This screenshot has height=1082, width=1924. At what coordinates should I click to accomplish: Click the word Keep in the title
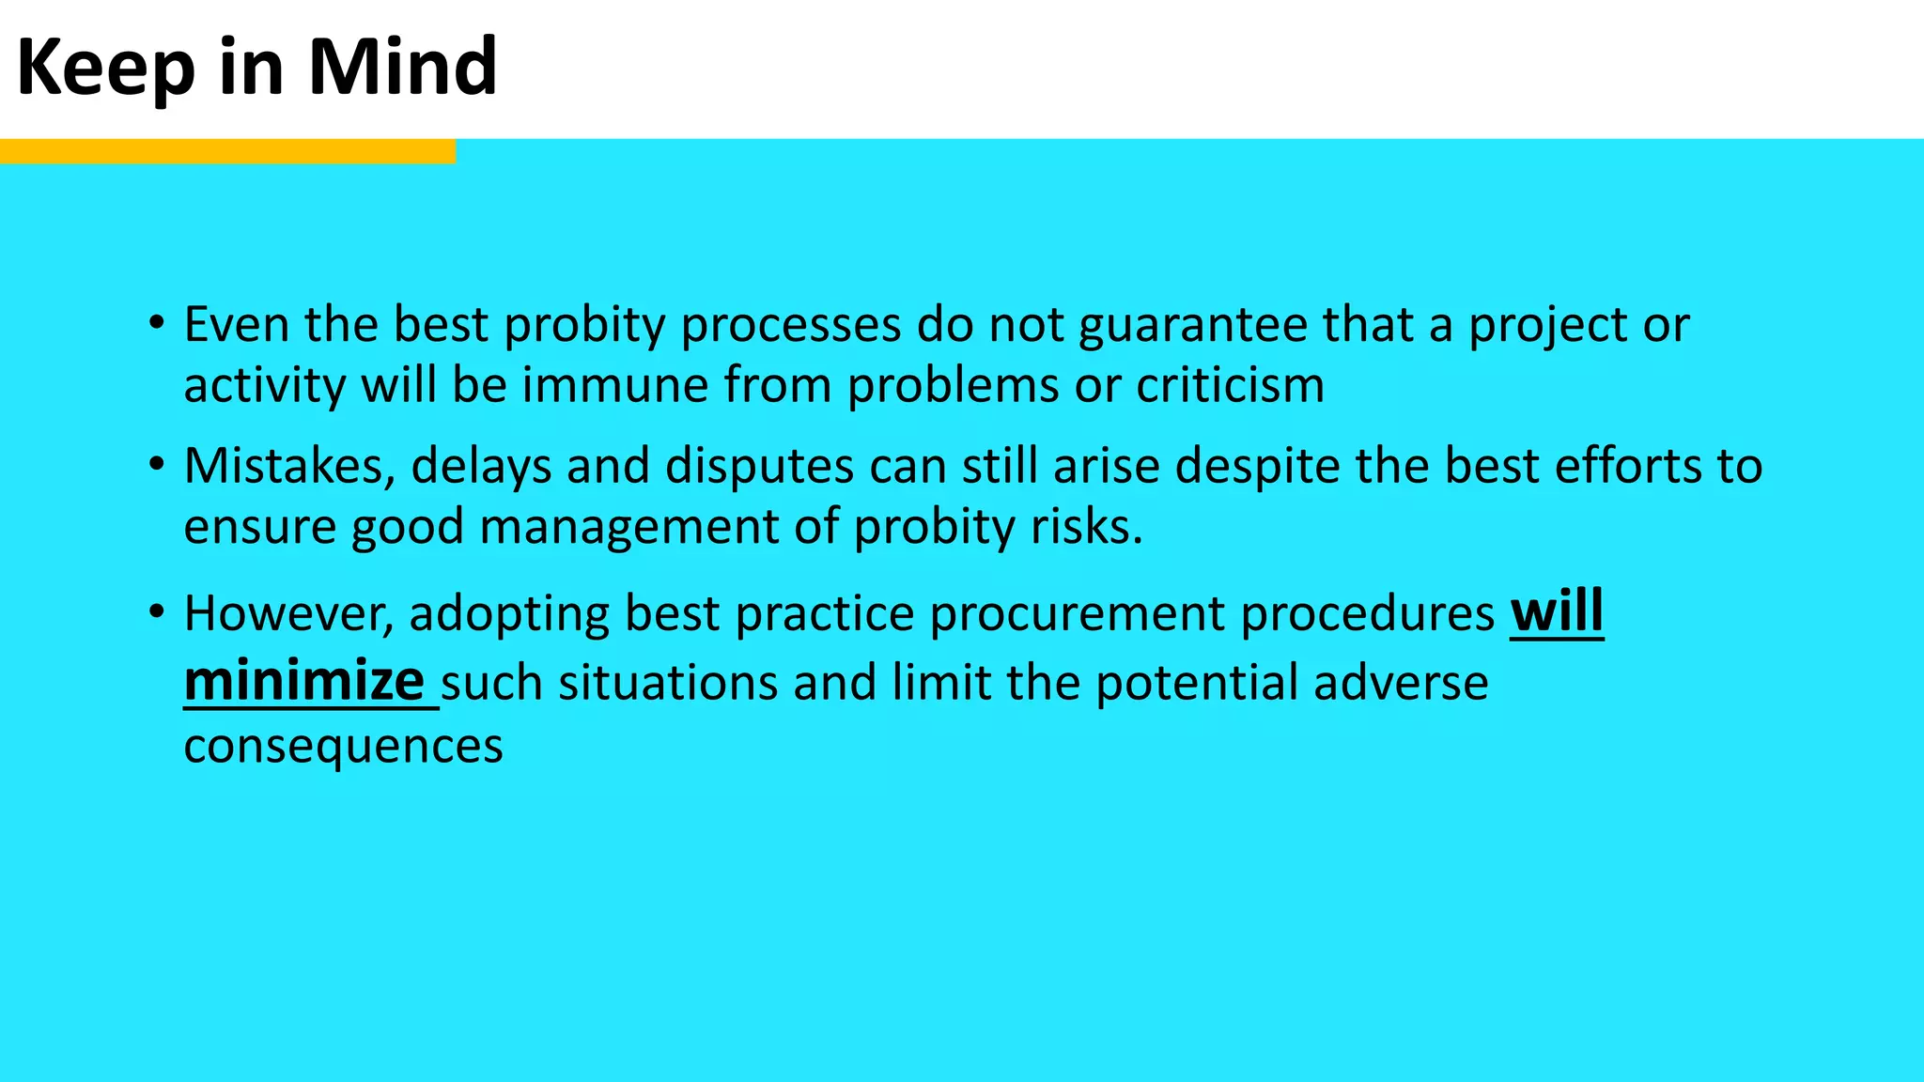coord(105,68)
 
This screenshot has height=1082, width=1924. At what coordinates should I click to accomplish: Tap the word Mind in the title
coord(402,68)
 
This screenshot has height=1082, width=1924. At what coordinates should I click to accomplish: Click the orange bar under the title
coord(227,151)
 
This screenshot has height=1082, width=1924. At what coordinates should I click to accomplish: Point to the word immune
coord(614,385)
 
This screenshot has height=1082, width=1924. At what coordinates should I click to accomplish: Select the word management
coord(629,526)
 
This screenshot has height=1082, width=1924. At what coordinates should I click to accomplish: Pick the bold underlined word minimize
coord(304,681)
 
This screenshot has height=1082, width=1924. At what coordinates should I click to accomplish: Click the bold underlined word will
coord(1557,612)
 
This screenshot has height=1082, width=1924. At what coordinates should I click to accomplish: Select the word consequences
coord(343,746)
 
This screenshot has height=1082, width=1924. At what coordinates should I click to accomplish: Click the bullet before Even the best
coord(157,324)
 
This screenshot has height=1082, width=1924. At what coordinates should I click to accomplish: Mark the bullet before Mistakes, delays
coord(157,465)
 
